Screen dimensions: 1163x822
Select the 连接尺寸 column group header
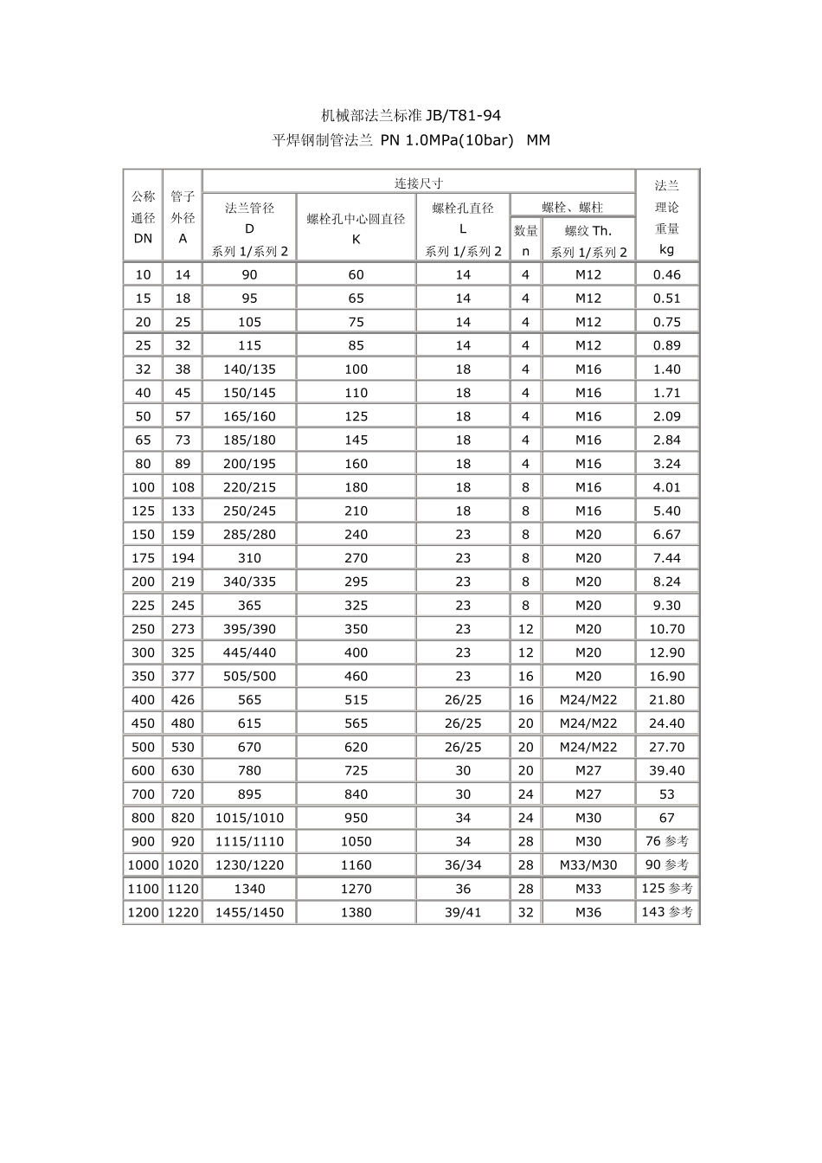419,183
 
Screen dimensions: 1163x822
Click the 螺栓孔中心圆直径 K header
356,228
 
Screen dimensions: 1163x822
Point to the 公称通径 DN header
143,217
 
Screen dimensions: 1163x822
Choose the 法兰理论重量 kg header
666,217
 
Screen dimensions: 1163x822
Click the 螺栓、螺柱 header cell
572,207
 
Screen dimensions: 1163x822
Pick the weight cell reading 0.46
666,274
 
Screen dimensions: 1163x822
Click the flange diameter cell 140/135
249,369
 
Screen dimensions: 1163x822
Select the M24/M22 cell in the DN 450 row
588,723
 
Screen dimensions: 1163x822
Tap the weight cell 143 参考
666,912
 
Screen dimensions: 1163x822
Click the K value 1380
356,912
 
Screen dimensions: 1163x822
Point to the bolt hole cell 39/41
463,912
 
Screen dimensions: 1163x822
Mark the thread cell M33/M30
588,864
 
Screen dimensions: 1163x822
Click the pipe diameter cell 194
183,558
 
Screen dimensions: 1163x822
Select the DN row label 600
143,770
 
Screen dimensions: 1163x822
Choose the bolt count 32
525,912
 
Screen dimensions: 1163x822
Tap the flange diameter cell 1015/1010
249,818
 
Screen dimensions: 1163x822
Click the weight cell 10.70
666,629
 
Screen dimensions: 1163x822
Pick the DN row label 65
143,440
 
